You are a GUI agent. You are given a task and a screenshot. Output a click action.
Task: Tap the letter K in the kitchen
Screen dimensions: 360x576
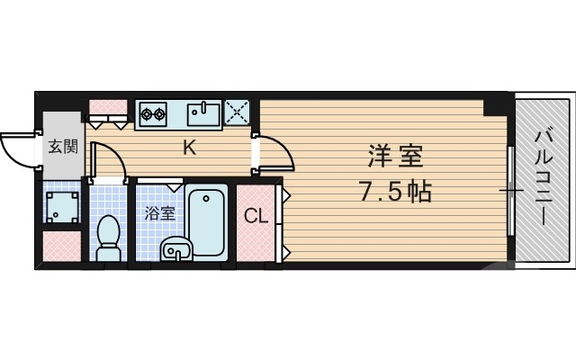[190, 148]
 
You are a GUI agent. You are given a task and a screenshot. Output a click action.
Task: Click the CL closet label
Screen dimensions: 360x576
[256, 216]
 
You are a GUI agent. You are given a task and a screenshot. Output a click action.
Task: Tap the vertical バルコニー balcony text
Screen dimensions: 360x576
[543, 176]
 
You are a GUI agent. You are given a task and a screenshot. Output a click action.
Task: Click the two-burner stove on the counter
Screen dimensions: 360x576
[153, 113]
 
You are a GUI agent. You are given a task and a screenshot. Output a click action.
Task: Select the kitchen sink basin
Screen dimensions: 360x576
[203, 113]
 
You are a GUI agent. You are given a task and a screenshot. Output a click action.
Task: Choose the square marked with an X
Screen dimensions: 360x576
[239, 113]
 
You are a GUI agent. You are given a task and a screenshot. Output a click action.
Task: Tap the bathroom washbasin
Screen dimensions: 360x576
[175, 250]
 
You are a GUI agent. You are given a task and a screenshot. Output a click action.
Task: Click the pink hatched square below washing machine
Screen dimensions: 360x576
[62, 247]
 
